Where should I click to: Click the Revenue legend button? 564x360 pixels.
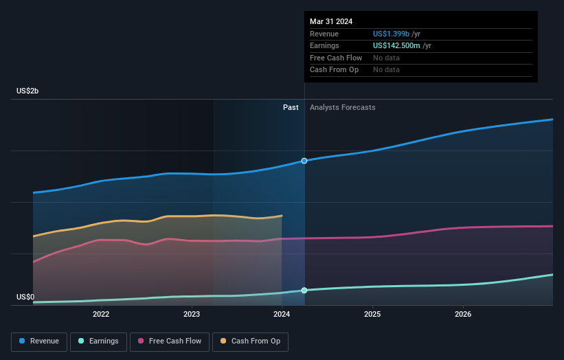point(39,341)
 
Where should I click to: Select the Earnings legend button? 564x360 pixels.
point(98,341)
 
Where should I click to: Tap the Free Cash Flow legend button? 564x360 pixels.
point(170,341)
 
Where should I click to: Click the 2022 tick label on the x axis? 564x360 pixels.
point(101,315)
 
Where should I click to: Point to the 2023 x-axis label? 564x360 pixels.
point(192,315)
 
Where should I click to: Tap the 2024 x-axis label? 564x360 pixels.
point(282,315)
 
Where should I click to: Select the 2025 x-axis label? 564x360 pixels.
point(372,315)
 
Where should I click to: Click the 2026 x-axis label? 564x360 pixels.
point(463,315)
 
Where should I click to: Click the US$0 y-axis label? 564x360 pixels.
point(26,297)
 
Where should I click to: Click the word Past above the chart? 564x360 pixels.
point(291,107)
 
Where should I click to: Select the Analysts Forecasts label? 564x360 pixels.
point(342,107)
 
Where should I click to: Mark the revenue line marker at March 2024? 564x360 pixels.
point(304,161)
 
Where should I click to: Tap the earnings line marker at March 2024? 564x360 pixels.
point(304,290)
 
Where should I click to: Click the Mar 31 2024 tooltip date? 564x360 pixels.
point(331,21)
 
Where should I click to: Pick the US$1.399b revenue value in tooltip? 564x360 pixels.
point(391,34)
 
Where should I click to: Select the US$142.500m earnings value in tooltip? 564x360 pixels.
point(396,45)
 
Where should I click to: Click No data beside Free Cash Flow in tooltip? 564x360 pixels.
point(386,58)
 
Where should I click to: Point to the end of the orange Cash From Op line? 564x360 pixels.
point(282,216)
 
